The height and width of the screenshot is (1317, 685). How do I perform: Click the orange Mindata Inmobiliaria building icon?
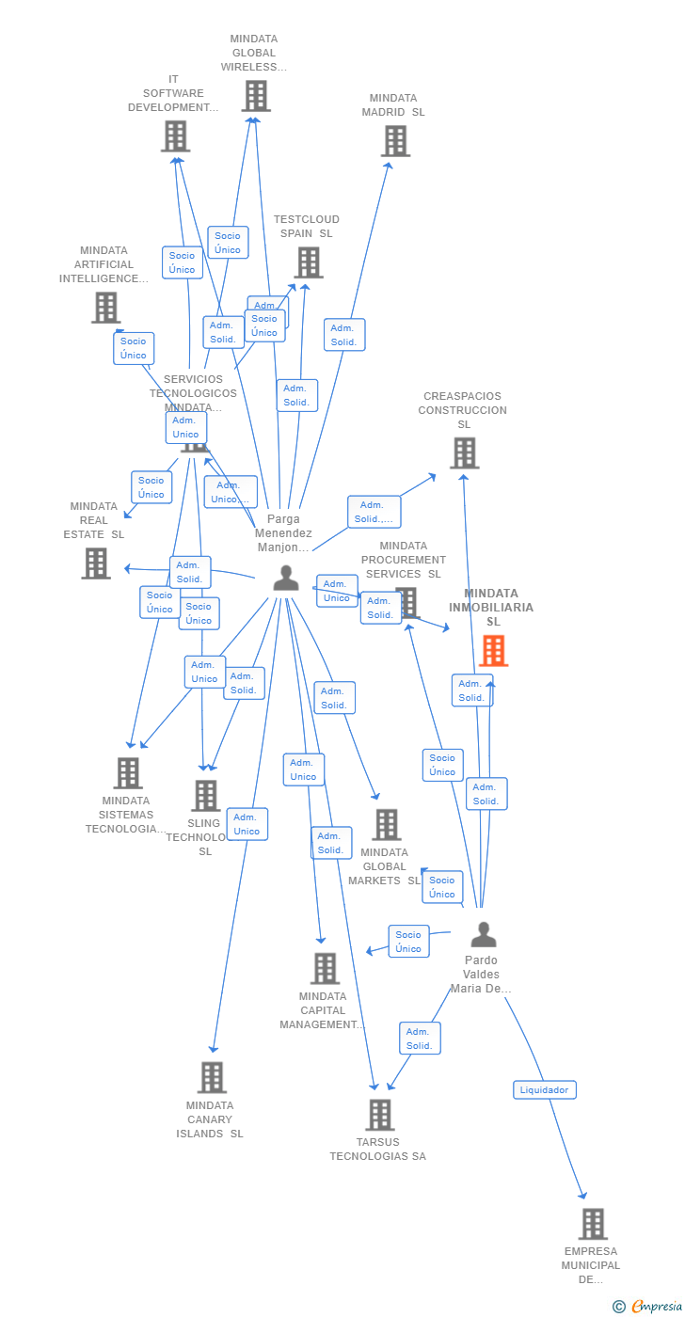pos(493,650)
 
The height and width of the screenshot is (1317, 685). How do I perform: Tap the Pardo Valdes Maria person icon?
pos(483,934)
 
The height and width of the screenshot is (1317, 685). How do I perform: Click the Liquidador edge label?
pos(545,1089)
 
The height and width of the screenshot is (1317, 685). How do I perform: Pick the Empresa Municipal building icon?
pos(593,1224)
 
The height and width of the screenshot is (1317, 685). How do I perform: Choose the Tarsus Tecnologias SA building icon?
pos(379,1115)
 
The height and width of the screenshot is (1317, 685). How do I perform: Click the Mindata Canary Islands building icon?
pos(212,1078)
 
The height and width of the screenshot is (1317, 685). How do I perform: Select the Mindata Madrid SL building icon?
pos(395,141)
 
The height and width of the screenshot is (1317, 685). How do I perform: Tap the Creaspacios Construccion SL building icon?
pos(464,453)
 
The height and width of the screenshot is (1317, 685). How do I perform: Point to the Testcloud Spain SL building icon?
pos(309,262)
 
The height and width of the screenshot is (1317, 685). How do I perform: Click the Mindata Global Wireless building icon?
pos(256,96)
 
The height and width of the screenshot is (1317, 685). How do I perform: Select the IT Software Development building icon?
pos(175,136)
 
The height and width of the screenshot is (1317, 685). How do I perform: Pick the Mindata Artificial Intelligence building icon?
pos(106,308)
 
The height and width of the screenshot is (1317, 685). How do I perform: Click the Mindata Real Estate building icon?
pos(96,563)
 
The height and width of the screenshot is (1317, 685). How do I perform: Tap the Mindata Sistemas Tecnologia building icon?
pos(128,773)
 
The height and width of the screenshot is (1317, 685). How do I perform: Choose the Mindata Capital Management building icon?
pos(325,968)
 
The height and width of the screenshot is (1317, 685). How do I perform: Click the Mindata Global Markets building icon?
pos(386,825)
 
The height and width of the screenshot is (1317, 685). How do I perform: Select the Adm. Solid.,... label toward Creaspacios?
pos(374,512)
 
